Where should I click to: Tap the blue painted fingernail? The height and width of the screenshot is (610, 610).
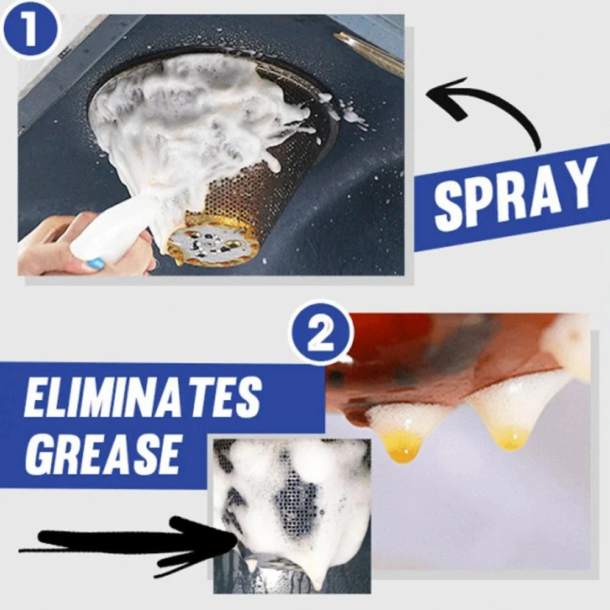(x=96, y=264)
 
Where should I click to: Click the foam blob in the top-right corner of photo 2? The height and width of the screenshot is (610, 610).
(x=567, y=344)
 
